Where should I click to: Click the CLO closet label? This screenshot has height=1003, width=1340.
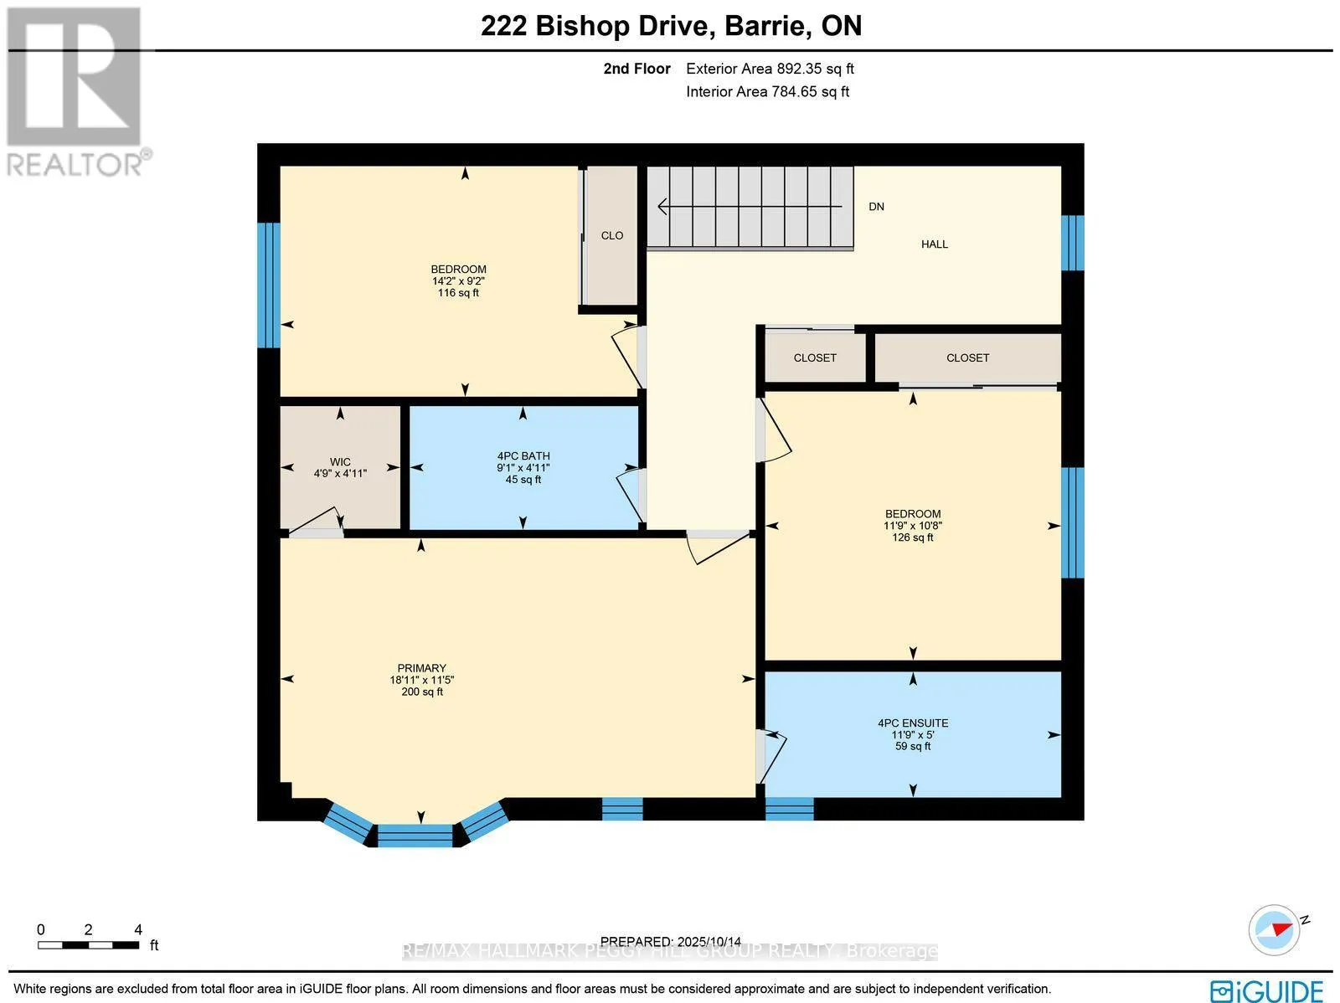(x=612, y=235)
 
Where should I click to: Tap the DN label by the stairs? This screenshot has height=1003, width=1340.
(x=876, y=207)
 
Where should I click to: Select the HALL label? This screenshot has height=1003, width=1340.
(x=935, y=244)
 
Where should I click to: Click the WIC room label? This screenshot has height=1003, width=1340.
(x=340, y=462)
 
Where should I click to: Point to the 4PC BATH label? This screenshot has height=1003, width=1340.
(x=523, y=456)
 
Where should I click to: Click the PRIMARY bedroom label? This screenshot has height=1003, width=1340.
(x=421, y=668)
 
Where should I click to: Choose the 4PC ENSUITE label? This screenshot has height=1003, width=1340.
(x=913, y=723)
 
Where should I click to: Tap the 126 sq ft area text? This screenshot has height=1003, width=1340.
(x=913, y=538)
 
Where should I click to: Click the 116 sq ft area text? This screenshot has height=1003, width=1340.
(x=458, y=293)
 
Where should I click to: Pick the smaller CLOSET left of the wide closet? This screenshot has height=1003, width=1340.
(x=815, y=357)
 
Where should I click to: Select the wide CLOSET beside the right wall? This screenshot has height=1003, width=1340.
(x=967, y=357)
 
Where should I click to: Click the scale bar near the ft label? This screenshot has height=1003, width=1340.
(x=88, y=945)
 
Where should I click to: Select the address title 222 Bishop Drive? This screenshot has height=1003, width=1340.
(x=671, y=26)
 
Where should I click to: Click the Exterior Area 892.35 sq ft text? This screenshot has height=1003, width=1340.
(x=770, y=69)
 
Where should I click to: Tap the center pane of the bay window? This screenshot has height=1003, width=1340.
(x=415, y=835)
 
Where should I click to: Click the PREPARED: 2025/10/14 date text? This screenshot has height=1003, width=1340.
(x=671, y=942)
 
